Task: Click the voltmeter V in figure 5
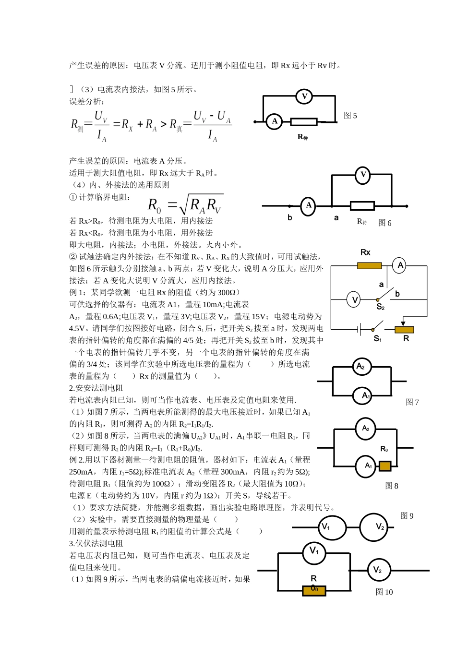click(304, 96)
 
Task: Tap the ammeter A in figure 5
click(275, 121)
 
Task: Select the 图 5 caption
click(350, 116)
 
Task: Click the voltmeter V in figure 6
click(363, 175)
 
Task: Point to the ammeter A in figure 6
click(309, 206)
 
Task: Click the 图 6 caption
click(384, 223)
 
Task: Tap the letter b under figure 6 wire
click(290, 218)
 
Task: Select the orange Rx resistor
click(370, 265)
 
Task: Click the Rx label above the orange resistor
click(365, 252)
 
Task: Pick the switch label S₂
click(380, 307)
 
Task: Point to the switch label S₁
click(378, 339)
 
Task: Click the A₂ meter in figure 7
click(361, 367)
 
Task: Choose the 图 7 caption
click(412, 402)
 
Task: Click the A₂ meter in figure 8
click(366, 429)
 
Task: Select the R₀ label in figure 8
click(384, 449)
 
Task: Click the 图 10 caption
click(384, 592)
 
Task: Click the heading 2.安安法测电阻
click(96, 388)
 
